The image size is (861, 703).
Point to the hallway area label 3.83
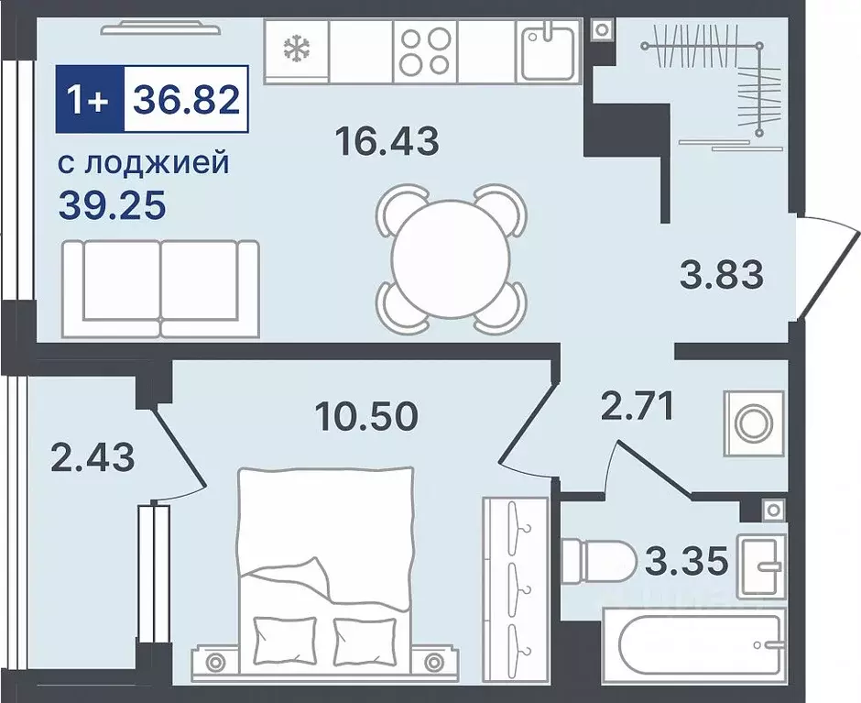pos(722,273)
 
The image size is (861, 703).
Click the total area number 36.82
pos(187,96)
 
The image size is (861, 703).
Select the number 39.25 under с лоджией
pos(112,205)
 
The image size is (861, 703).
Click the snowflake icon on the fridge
pos(296,49)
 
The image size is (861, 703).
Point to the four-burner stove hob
pos(425,49)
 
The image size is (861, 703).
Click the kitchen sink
pos(549,49)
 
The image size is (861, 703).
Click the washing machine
pos(753,423)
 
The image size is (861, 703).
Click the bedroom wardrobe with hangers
pos(515,574)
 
